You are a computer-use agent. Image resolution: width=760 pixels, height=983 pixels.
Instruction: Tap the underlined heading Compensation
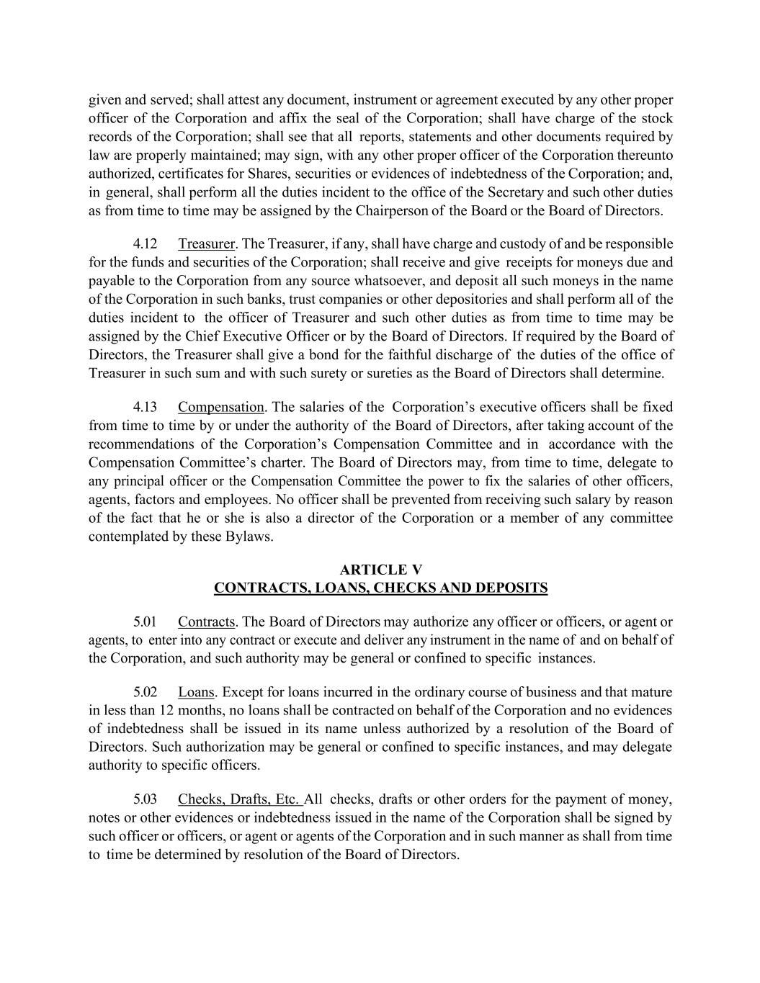click(x=221, y=407)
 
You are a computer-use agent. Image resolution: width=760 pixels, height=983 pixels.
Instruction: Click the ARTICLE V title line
click(x=380, y=570)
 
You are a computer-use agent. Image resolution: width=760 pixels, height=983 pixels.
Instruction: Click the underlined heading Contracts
click(x=207, y=621)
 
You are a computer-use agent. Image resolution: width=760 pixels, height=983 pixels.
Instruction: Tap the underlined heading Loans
click(x=196, y=692)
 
